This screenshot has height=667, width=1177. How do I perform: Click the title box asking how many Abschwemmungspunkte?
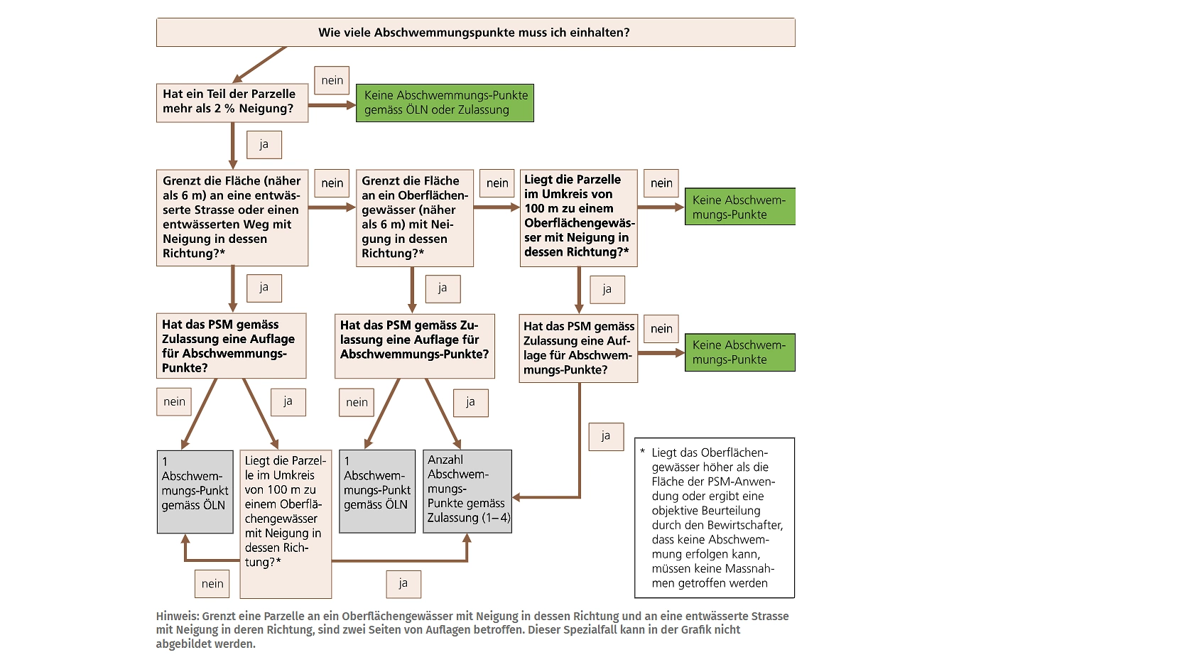[x=475, y=33]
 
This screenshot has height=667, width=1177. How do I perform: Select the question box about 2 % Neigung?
[x=232, y=102]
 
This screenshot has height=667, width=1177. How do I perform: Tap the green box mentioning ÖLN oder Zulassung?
[x=445, y=103]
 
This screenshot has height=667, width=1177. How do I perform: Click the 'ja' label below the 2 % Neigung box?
[x=264, y=145]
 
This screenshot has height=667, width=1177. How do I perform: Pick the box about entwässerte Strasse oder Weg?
[x=232, y=217]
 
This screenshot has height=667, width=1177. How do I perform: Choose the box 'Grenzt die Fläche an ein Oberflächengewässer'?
[x=414, y=217]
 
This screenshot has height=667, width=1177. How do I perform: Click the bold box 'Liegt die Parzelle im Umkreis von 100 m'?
[x=578, y=217]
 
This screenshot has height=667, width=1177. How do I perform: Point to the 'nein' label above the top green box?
[x=332, y=81]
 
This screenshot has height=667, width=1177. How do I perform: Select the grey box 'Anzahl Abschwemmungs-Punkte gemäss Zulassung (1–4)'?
[x=467, y=491]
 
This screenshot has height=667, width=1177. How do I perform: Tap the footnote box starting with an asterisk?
[x=714, y=518]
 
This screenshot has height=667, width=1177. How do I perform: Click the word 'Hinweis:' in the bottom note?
[x=178, y=617]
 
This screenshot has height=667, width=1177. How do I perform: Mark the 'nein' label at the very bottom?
[x=212, y=584]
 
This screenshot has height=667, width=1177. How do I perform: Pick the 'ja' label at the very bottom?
[x=403, y=584]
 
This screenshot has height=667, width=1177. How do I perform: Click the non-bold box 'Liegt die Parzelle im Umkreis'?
[x=286, y=524]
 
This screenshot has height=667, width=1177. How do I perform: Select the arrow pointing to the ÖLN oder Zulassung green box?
[x=332, y=105]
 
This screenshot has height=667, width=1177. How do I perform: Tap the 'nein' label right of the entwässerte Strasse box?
[x=332, y=183]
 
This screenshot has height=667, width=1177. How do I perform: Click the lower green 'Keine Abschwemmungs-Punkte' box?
[x=739, y=352]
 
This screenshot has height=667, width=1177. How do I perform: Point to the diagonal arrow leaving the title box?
[x=260, y=64]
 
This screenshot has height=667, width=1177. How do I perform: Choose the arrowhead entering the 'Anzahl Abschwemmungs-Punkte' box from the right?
[x=517, y=497]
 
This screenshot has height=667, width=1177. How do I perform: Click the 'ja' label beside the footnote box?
[x=606, y=436]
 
